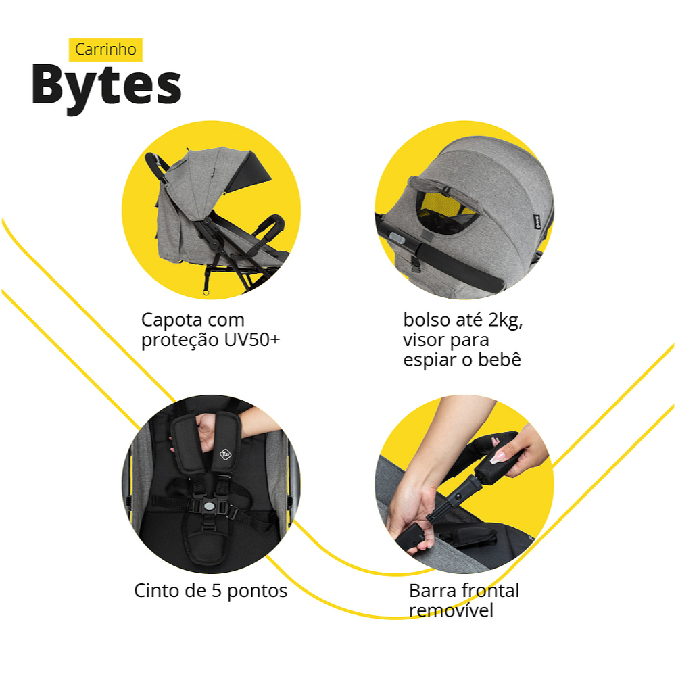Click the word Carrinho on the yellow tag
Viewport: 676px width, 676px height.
105,49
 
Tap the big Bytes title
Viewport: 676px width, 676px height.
107,87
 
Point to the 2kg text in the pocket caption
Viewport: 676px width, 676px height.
505,320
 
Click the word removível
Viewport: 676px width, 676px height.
451,610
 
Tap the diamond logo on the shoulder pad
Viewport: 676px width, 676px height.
226,454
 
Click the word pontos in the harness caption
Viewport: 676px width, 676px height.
257,591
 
